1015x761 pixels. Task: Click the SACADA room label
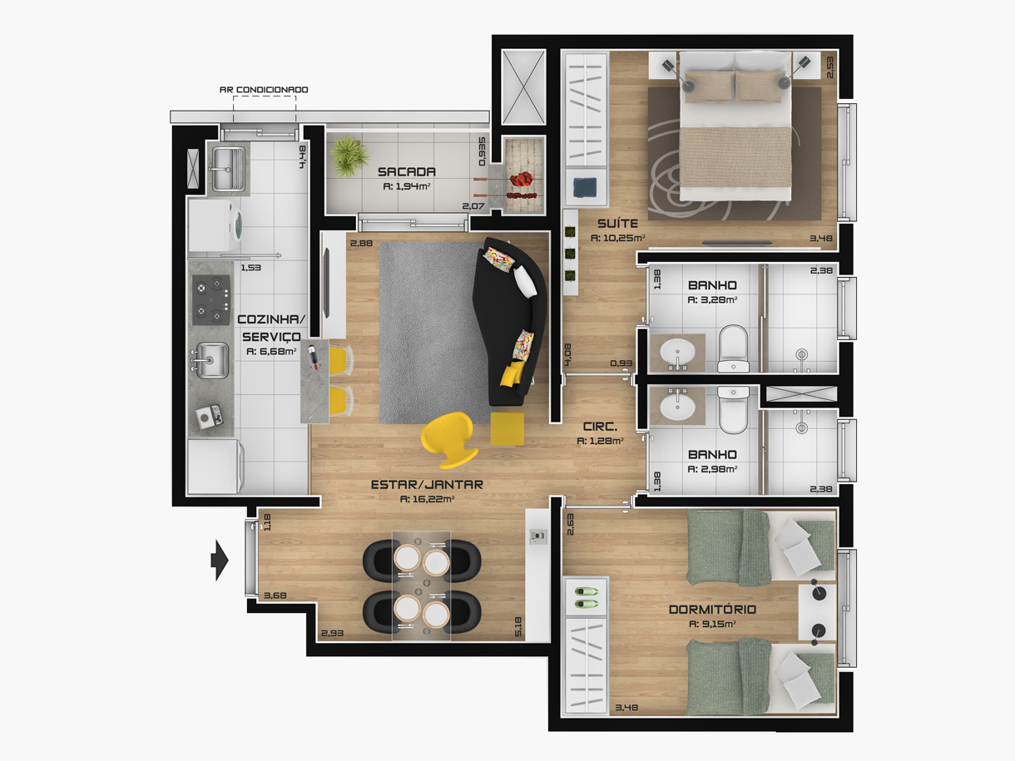coord(407,172)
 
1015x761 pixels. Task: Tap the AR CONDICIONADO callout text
coord(264,90)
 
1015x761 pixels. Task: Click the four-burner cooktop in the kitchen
coord(210,300)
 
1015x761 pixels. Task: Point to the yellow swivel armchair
coord(448,439)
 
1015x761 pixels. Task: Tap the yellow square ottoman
coord(507,429)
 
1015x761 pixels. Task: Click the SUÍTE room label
coord(617,224)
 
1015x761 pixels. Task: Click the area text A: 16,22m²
coord(426,499)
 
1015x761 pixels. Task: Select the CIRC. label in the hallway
coord(600,427)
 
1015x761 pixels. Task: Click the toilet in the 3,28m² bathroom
coord(734,348)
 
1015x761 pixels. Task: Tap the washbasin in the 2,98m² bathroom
coord(677,406)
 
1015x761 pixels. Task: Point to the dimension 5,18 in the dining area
coord(518,626)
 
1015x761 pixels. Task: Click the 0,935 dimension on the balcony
coord(483,151)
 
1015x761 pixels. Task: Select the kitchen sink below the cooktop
coord(210,360)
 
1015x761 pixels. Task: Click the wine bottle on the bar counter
coord(314,356)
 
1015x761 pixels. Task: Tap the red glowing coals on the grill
coord(522,178)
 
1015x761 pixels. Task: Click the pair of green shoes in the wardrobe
coord(586,597)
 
